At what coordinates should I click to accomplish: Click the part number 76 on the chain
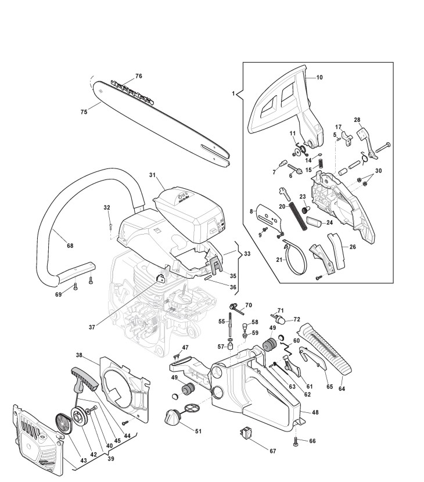point(138,76)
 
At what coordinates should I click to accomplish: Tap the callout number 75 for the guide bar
point(84,112)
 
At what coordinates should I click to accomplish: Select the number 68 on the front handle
point(70,246)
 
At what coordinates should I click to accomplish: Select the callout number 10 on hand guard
point(319,77)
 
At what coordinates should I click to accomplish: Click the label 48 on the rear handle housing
point(315,413)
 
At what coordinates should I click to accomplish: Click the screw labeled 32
point(110,224)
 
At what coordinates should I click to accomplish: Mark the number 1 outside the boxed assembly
point(234,93)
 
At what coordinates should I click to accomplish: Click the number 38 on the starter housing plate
point(80,354)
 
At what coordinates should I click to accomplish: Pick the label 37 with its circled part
point(91,328)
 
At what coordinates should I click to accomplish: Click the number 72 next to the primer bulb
point(297,320)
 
